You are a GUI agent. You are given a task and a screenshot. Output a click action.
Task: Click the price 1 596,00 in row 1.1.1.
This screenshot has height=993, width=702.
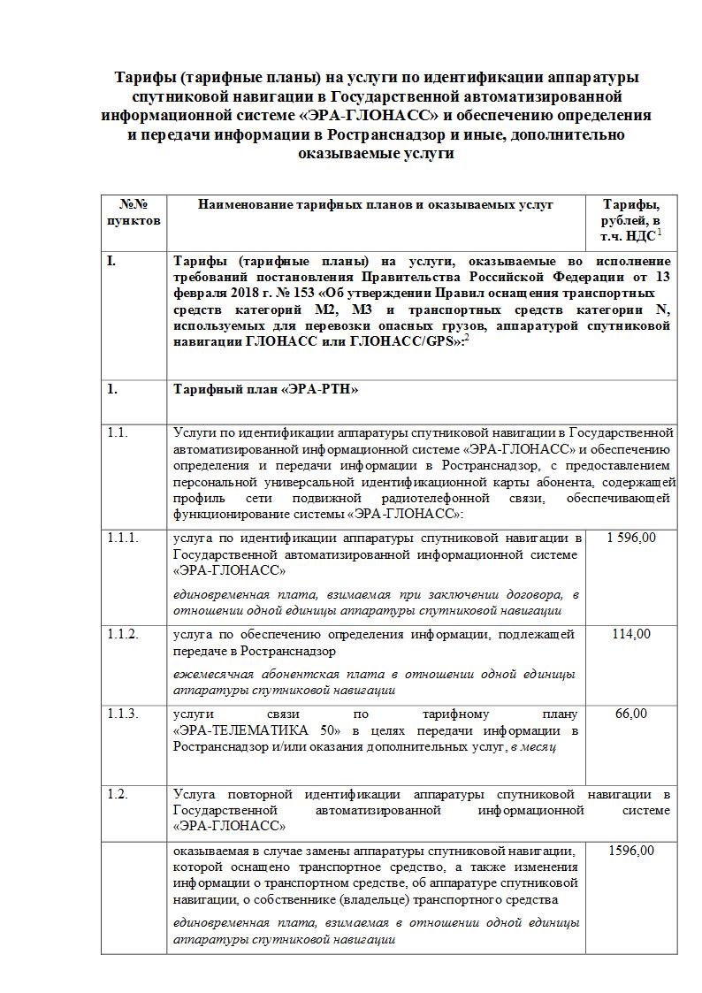(x=631, y=538)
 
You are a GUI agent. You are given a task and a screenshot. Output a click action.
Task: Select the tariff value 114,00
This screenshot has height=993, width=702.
(x=631, y=634)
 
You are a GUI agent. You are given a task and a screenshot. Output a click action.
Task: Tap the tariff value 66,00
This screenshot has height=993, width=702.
(x=631, y=714)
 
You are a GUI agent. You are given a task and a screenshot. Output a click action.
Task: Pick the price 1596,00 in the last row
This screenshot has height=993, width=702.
(x=631, y=851)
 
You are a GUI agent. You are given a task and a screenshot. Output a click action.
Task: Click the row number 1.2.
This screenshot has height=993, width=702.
(x=118, y=794)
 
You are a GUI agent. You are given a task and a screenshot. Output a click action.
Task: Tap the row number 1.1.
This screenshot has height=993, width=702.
(x=118, y=432)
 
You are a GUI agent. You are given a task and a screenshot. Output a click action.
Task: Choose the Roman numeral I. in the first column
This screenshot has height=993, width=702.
(x=111, y=262)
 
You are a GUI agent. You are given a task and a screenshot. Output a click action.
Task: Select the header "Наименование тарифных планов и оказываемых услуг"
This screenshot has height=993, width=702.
(x=376, y=204)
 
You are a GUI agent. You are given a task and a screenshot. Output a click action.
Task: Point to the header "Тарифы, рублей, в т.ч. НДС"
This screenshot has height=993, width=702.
(x=631, y=220)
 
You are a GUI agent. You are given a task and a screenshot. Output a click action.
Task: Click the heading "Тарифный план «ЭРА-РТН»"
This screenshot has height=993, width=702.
(x=266, y=389)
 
